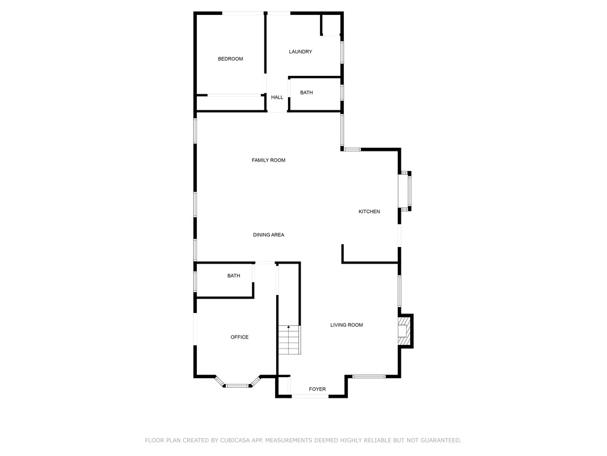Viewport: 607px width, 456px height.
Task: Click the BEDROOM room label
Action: click(231, 59)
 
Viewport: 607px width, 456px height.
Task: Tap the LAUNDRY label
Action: click(301, 52)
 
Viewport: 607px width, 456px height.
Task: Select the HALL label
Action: click(277, 97)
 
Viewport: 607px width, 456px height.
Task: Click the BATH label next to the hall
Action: click(306, 93)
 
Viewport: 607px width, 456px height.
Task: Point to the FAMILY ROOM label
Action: click(269, 160)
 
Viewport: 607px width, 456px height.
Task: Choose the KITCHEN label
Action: click(369, 212)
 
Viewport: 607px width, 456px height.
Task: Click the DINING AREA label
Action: click(269, 235)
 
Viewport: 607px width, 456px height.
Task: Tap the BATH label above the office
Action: click(234, 276)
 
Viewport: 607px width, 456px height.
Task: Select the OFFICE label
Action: click(239, 337)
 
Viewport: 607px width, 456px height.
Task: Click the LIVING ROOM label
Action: click(347, 325)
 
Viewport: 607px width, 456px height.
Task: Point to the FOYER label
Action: click(318, 389)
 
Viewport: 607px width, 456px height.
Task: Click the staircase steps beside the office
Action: click(289, 342)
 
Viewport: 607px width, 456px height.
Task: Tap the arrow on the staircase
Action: click(289, 327)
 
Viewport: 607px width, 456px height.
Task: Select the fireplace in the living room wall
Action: click(404, 331)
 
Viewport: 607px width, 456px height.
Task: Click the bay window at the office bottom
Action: click(237, 385)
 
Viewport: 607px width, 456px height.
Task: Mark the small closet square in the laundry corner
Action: click(331, 25)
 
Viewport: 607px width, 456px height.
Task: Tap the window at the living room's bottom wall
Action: click(369, 376)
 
